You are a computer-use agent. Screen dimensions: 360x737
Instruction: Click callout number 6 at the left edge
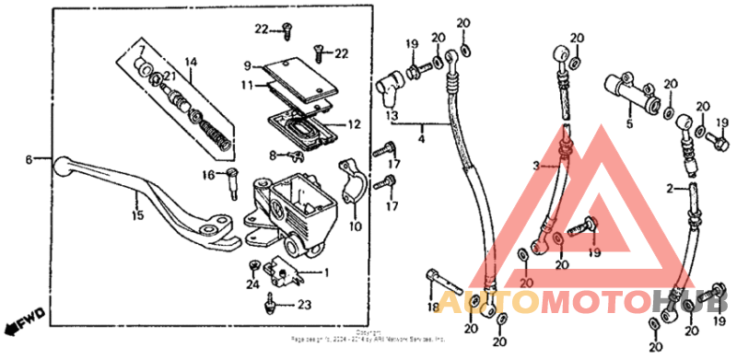click(x=29, y=159)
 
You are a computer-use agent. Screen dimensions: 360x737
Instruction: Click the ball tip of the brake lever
click(x=61, y=167)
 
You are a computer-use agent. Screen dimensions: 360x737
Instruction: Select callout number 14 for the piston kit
click(x=191, y=63)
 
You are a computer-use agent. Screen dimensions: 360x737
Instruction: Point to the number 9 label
click(x=248, y=65)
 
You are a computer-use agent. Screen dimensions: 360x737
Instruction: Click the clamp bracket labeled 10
click(x=353, y=180)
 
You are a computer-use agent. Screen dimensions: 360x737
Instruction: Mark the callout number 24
click(x=253, y=284)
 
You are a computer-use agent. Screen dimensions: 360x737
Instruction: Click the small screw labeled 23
click(x=268, y=301)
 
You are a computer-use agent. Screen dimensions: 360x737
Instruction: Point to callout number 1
click(x=325, y=273)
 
